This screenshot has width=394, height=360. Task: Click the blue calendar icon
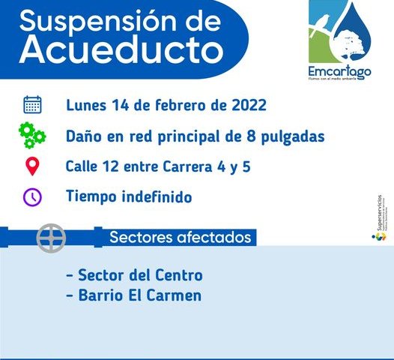click(32, 104)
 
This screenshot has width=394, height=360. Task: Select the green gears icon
click(32, 136)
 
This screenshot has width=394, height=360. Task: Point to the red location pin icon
click(32, 166)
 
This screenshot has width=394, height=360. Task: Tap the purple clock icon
click(32, 197)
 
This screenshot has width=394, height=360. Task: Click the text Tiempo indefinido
click(130, 197)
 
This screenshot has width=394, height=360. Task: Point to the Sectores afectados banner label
click(180, 238)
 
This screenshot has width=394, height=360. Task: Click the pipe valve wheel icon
click(52, 238)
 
